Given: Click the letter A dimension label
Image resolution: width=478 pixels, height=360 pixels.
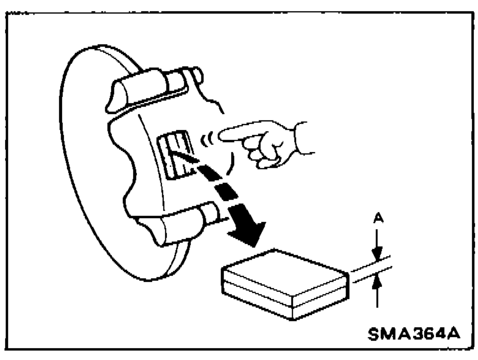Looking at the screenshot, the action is click(x=378, y=218).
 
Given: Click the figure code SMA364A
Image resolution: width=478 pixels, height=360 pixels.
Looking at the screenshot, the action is click(x=414, y=334).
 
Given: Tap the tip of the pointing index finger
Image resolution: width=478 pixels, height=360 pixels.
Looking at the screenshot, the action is click(x=220, y=134).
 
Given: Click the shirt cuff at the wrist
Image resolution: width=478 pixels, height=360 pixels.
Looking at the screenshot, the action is click(x=302, y=138).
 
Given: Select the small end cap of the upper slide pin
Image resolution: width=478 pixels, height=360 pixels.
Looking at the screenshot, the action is click(x=197, y=74).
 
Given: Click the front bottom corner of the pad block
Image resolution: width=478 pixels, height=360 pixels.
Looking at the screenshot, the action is click(x=293, y=319).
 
